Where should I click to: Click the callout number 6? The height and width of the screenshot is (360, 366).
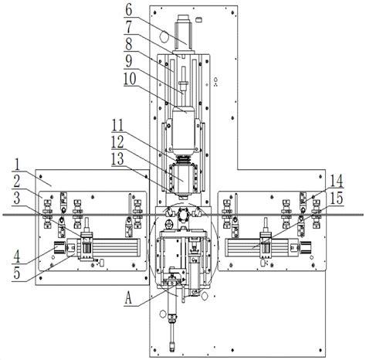coord(129,9)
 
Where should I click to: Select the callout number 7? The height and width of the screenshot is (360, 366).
coord(129,27)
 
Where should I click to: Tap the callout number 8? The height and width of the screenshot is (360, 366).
coord(129,44)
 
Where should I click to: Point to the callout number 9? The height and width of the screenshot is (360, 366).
coord(129,61)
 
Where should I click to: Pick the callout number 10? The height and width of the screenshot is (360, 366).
coord(130,79)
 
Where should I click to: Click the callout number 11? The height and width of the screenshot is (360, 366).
coord(117,127)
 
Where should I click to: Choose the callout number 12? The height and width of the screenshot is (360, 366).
coord(117,141)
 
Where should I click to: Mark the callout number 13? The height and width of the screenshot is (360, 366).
coord(117,159)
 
